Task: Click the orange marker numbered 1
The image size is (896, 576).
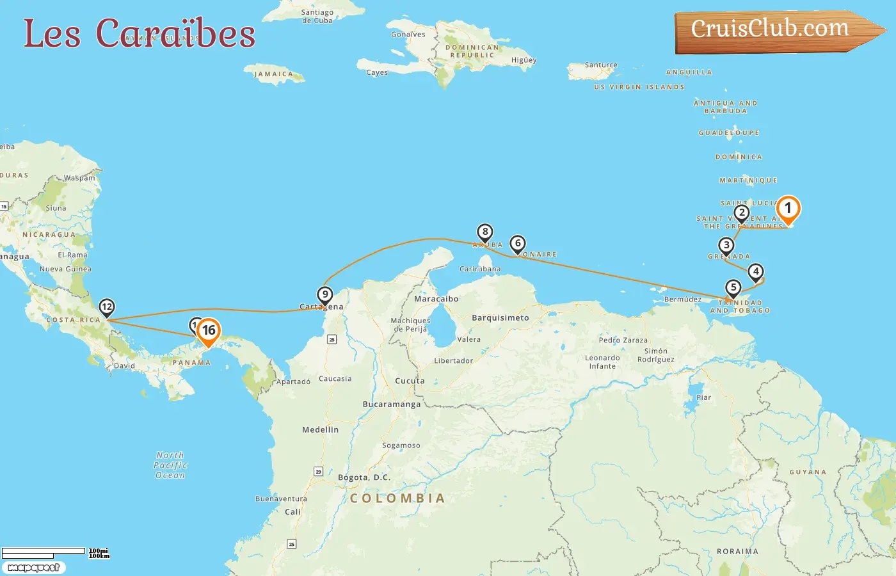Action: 788,208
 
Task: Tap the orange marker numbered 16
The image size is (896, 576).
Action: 208,331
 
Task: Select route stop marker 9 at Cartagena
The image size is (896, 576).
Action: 325,295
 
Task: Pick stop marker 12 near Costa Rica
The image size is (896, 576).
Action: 107,307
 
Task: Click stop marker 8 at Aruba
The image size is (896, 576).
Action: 484,232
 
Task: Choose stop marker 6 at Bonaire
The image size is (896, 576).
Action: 518,244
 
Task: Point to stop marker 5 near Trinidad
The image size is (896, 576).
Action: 733,288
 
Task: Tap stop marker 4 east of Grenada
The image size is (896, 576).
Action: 756,272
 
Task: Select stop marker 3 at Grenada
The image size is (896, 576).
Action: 726,246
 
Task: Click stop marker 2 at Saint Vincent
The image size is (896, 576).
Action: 741,213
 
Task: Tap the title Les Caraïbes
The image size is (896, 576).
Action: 140,34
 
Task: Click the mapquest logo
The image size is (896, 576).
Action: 33,568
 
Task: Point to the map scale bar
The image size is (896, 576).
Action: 44,552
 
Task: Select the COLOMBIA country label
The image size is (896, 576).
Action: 397,498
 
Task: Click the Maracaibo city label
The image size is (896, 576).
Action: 436,299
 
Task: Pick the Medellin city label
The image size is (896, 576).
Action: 320,429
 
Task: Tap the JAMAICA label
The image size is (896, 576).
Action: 274,74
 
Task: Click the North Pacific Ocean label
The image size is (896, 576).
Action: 170,465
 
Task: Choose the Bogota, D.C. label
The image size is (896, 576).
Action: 364,477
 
